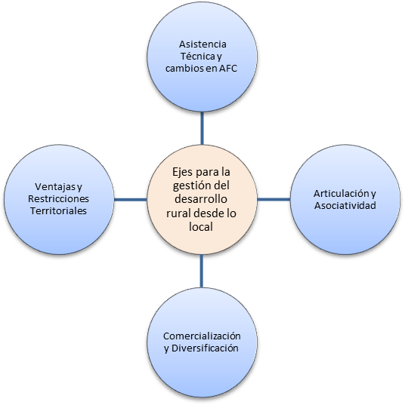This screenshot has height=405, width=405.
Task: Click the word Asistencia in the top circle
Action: [202, 44]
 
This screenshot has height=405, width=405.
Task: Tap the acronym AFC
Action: [228, 69]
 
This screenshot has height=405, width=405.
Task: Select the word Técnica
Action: [197, 57]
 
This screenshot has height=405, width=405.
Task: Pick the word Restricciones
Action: [58, 199]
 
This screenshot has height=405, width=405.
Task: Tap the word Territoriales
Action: [58, 211]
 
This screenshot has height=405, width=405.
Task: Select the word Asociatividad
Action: [345, 206]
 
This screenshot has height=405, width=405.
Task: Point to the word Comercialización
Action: [202, 336]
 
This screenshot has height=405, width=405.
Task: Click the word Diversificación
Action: [205, 348]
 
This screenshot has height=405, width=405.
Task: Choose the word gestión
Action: [189, 186]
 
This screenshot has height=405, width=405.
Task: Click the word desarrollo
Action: [201, 199]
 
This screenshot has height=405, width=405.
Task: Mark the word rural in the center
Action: [178, 213]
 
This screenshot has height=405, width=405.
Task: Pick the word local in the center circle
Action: [201, 227]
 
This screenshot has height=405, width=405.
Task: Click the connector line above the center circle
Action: [202, 128]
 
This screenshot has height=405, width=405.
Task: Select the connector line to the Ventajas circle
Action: [131, 200]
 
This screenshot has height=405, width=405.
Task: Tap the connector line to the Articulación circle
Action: [274, 199]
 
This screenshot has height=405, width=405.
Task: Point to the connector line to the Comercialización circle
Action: [202, 271]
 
